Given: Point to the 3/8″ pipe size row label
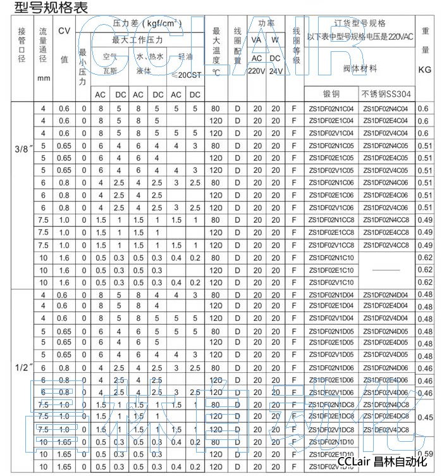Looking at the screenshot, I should tap(22, 151).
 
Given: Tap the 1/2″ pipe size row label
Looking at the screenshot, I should tap(22, 367).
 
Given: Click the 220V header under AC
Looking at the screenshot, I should tap(257, 71).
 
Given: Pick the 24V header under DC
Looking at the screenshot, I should tap(275, 71).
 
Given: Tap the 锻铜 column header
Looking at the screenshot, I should tap(331, 94).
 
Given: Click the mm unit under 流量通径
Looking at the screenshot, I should tap(43, 79).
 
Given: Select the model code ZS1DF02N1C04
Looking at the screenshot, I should tap(331, 109).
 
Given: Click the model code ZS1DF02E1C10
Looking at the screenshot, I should tap(331, 270).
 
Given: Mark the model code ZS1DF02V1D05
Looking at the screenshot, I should tap(331, 356).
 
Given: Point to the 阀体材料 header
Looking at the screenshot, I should tap(359, 68).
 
